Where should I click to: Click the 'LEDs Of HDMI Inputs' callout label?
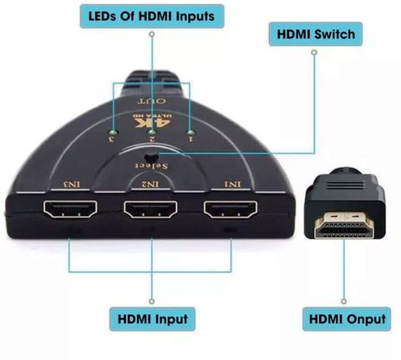(152, 16)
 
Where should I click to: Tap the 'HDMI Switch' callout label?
(316, 34)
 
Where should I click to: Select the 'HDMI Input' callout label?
(152, 319)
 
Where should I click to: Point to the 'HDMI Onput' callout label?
(347, 319)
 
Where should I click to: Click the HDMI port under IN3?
(70, 209)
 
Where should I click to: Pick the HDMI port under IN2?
(150, 210)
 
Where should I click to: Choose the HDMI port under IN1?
(231, 210)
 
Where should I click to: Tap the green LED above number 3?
(113, 132)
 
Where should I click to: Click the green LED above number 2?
(152, 132)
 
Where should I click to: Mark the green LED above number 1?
(190, 133)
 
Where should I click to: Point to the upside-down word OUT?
(152, 100)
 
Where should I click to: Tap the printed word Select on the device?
(152, 165)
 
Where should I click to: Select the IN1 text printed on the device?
(232, 184)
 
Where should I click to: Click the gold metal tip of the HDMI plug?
(344, 225)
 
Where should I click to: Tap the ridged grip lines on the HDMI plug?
(344, 185)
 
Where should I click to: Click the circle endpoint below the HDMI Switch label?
(314, 53)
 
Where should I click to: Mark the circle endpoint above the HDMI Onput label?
(344, 302)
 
